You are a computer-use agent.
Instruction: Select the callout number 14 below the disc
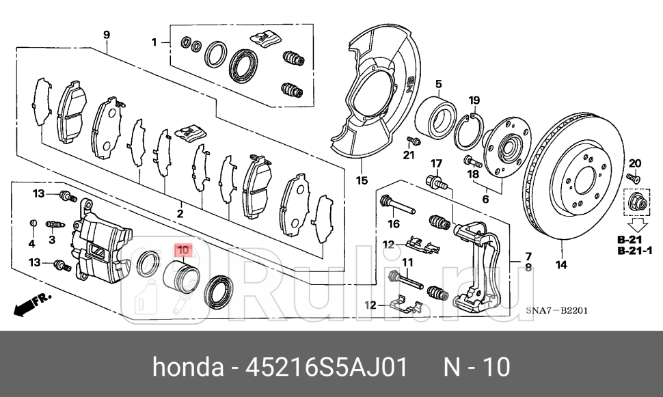(x=561, y=265)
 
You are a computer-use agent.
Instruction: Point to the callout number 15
(x=362, y=181)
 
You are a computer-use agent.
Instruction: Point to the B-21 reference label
(x=630, y=241)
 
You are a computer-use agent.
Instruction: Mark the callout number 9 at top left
(x=107, y=34)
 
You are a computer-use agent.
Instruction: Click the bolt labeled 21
(x=412, y=141)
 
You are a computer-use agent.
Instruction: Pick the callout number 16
(x=394, y=223)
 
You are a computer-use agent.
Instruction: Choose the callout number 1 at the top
(x=154, y=42)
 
